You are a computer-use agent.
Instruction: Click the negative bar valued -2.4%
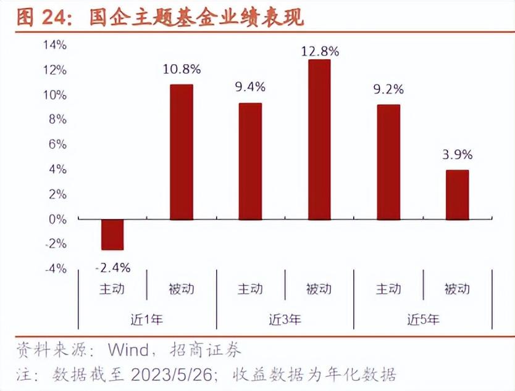coord(112,234)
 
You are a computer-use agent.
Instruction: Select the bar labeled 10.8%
coord(182,152)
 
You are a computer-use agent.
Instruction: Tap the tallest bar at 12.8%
coord(319,139)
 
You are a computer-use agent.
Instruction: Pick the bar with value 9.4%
coord(250,161)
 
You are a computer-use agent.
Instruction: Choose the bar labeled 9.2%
coord(388,162)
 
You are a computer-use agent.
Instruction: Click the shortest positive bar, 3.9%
coord(457,194)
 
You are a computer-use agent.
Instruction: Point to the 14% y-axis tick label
coord(55,45)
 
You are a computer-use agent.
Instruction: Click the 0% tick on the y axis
coord(57,219)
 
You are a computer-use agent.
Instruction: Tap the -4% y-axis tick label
coord(56,269)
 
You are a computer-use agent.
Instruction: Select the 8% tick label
coord(57,120)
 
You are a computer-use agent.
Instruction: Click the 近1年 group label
coord(147,319)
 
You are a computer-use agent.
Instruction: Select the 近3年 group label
coord(285,319)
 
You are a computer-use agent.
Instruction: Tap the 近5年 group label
coord(424,319)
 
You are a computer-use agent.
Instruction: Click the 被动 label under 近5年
coord(457,289)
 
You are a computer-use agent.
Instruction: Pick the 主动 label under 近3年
coord(250,289)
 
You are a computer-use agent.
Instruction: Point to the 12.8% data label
coord(320,52)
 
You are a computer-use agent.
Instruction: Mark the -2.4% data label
coord(112,268)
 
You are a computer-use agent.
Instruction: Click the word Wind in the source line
coord(128,350)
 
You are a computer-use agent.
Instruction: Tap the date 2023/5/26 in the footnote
coord(172,374)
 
